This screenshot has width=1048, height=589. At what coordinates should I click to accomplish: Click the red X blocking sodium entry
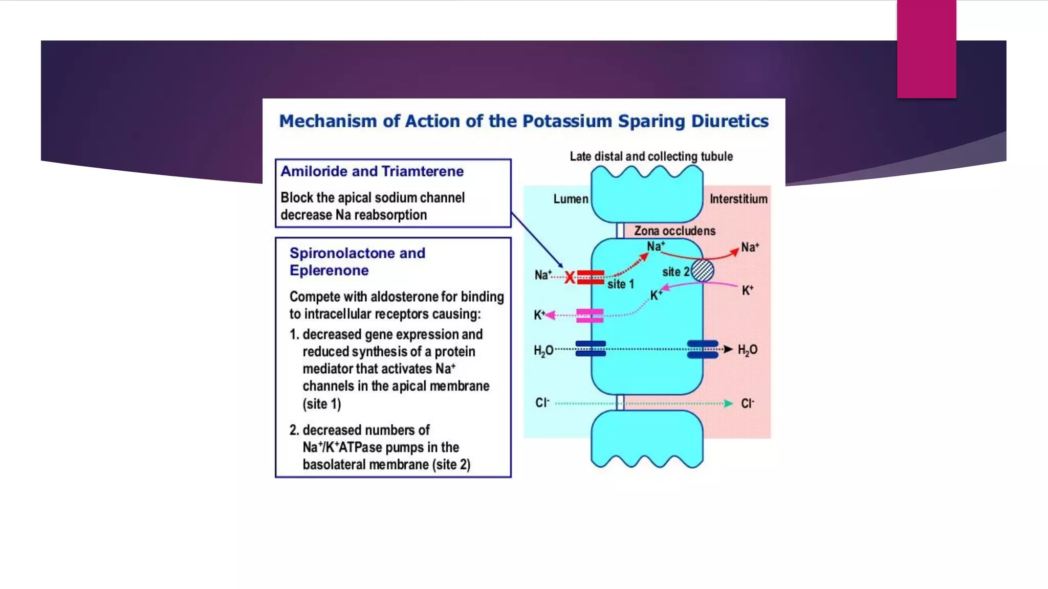pyautogui.click(x=570, y=278)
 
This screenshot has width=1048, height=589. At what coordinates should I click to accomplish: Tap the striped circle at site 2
pyautogui.click(x=702, y=271)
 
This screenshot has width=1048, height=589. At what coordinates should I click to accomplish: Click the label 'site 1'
pyautogui.click(x=620, y=284)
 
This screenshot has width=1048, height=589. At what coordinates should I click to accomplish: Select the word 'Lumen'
pyautogui.click(x=571, y=199)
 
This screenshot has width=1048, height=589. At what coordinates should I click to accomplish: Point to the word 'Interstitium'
pyautogui.click(x=738, y=199)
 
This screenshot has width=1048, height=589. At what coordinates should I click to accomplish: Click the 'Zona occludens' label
pyautogui.click(x=674, y=231)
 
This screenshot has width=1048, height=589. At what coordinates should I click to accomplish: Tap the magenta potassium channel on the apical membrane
pyautogui.click(x=589, y=315)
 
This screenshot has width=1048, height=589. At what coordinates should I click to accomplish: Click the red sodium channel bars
pyautogui.click(x=591, y=277)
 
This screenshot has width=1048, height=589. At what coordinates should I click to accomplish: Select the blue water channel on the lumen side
pyautogui.click(x=591, y=348)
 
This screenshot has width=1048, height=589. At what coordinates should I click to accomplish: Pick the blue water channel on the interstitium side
pyautogui.click(x=702, y=349)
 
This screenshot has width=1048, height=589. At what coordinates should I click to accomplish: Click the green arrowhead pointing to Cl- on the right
pyautogui.click(x=729, y=403)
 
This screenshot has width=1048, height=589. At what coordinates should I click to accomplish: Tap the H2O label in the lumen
pyautogui.click(x=543, y=350)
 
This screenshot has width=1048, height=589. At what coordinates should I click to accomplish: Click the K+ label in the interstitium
pyautogui.click(x=747, y=290)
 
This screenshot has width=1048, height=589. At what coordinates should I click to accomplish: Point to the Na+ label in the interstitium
pyautogui.click(x=750, y=247)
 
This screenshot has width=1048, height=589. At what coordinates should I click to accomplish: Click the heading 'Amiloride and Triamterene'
pyautogui.click(x=372, y=171)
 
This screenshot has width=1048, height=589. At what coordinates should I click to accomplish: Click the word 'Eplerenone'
pyautogui.click(x=329, y=270)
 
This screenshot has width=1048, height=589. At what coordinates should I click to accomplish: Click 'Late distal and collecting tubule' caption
pyautogui.click(x=651, y=156)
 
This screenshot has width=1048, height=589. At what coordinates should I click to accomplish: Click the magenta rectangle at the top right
pyautogui.click(x=926, y=49)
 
